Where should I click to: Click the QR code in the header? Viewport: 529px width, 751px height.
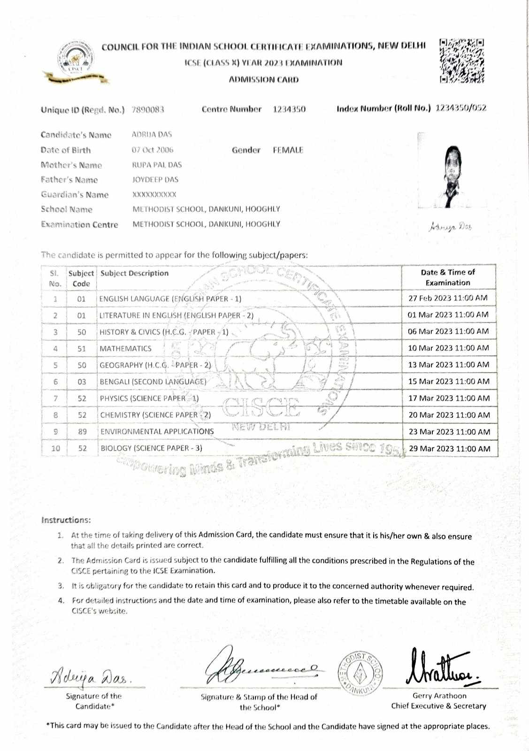[462, 61]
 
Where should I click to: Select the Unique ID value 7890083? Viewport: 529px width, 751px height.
[148, 110]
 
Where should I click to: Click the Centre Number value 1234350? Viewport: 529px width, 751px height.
[289, 109]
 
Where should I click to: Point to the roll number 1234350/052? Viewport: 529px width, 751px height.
[461, 108]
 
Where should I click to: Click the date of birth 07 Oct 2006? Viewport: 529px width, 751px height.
[153, 150]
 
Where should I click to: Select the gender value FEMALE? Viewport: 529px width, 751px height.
[288, 150]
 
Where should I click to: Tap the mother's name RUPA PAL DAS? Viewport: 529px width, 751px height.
[157, 165]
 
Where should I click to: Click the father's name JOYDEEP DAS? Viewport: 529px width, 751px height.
[155, 180]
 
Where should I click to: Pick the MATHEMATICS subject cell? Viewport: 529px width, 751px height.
[125, 349]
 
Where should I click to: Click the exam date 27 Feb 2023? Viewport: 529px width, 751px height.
[448, 298]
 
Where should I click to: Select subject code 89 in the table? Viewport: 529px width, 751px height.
[82, 432]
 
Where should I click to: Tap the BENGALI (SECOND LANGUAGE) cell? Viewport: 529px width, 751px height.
[153, 382]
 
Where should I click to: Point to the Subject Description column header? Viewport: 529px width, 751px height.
[134, 273]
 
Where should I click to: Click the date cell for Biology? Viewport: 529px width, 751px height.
[449, 449]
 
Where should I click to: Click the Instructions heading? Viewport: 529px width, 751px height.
[66, 520]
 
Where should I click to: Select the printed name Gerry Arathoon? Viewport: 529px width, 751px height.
[439, 696]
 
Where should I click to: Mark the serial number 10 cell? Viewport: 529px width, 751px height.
[55, 448]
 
